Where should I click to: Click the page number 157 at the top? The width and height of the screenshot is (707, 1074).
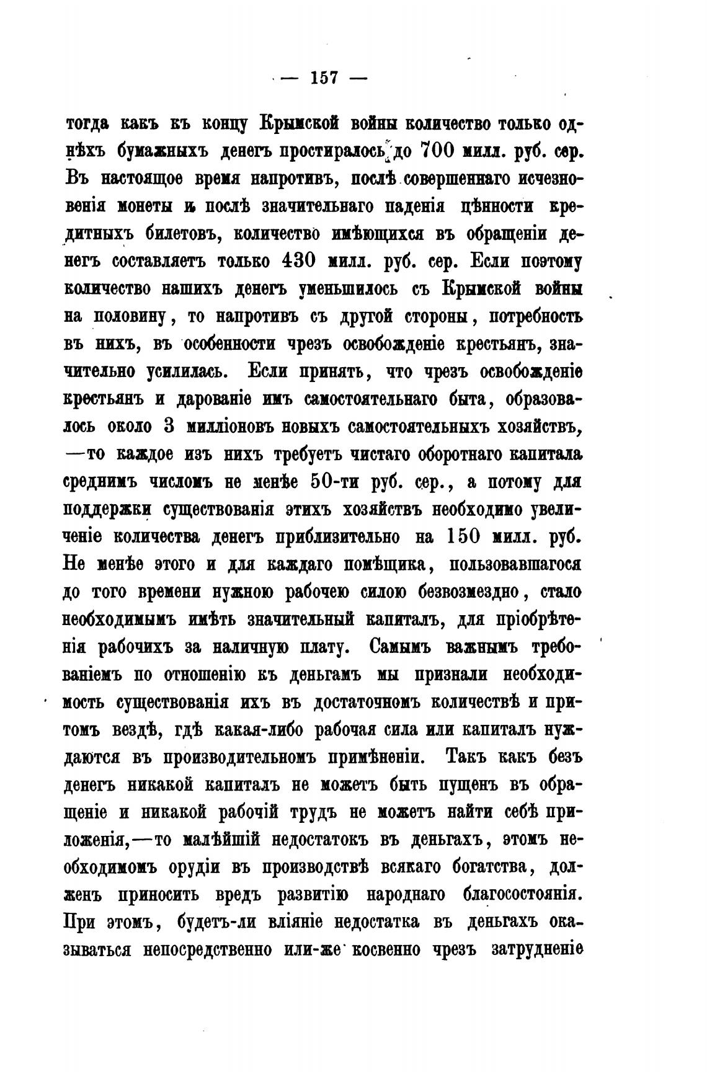coord(323,79)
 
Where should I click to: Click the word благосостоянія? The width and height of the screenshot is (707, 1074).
coord(522,895)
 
